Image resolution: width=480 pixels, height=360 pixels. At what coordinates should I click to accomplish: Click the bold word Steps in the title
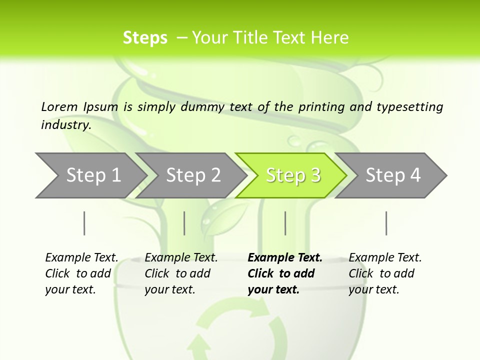pyautogui.click(x=145, y=38)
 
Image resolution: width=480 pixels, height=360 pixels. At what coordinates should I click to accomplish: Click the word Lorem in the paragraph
pyautogui.click(x=59, y=106)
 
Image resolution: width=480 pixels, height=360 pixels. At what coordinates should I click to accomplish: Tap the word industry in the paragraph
pyautogui.click(x=66, y=124)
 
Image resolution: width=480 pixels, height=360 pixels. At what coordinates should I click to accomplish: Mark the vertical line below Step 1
pyautogui.click(x=84, y=223)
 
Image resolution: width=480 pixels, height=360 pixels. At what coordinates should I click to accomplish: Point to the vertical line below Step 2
pyautogui.click(x=184, y=223)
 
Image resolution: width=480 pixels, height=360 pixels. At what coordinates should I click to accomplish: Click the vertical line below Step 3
pyautogui.click(x=285, y=223)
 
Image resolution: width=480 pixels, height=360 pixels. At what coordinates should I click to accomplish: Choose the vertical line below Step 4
pyautogui.click(x=386, y=223)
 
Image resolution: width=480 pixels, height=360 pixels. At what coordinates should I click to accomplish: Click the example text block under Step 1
pyautogui.click(x=81, y=273)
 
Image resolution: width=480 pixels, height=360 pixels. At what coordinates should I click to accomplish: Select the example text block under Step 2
pyautogui.click(x=181, y=273)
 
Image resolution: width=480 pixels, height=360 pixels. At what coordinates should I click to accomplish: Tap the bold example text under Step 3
pyautogui.click(x=285, y=273)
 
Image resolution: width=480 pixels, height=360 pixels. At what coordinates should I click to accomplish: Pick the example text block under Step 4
pyautogui.click(x=385, y=273)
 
